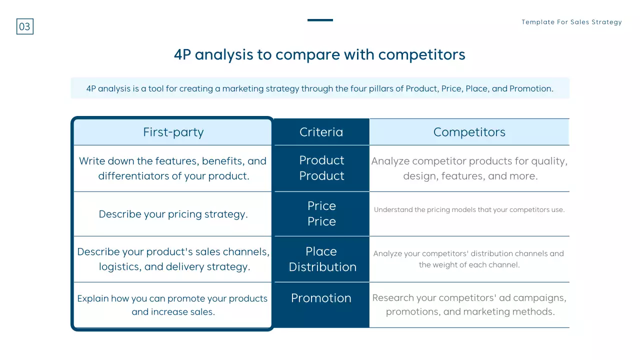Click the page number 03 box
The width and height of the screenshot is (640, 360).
point(25,26)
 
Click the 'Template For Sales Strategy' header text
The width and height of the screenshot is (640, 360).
point(571,22)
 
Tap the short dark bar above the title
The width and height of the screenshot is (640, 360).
point(320,20)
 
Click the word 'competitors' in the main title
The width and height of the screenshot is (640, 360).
point(421,54)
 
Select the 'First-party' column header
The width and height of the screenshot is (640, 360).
point(173,132)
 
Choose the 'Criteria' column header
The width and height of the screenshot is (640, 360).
point(321,132)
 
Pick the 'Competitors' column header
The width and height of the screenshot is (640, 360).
point(469,132)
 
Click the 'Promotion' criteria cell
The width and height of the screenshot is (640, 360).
point(321,298)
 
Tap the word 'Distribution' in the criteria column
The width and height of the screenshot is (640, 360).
point(322,267)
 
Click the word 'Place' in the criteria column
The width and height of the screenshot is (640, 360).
point(321,251)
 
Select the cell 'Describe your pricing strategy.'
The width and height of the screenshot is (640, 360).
point(173,214)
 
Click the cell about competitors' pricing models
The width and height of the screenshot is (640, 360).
point(469,210)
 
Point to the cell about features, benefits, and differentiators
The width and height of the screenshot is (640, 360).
point(173,168)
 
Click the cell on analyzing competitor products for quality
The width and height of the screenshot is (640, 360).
point(469,168)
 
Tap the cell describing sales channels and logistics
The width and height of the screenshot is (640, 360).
point(173,259)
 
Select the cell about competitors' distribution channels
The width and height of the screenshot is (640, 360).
point(469,259)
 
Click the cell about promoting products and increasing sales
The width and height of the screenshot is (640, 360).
point(173,305)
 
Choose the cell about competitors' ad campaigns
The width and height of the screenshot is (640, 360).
point(469,304)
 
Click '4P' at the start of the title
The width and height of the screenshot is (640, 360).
point(182,54)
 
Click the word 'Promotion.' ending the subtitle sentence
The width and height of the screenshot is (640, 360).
point(531,88)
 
